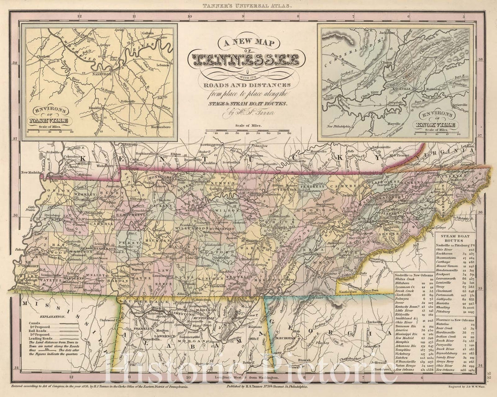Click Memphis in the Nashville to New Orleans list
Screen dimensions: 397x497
404,341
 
